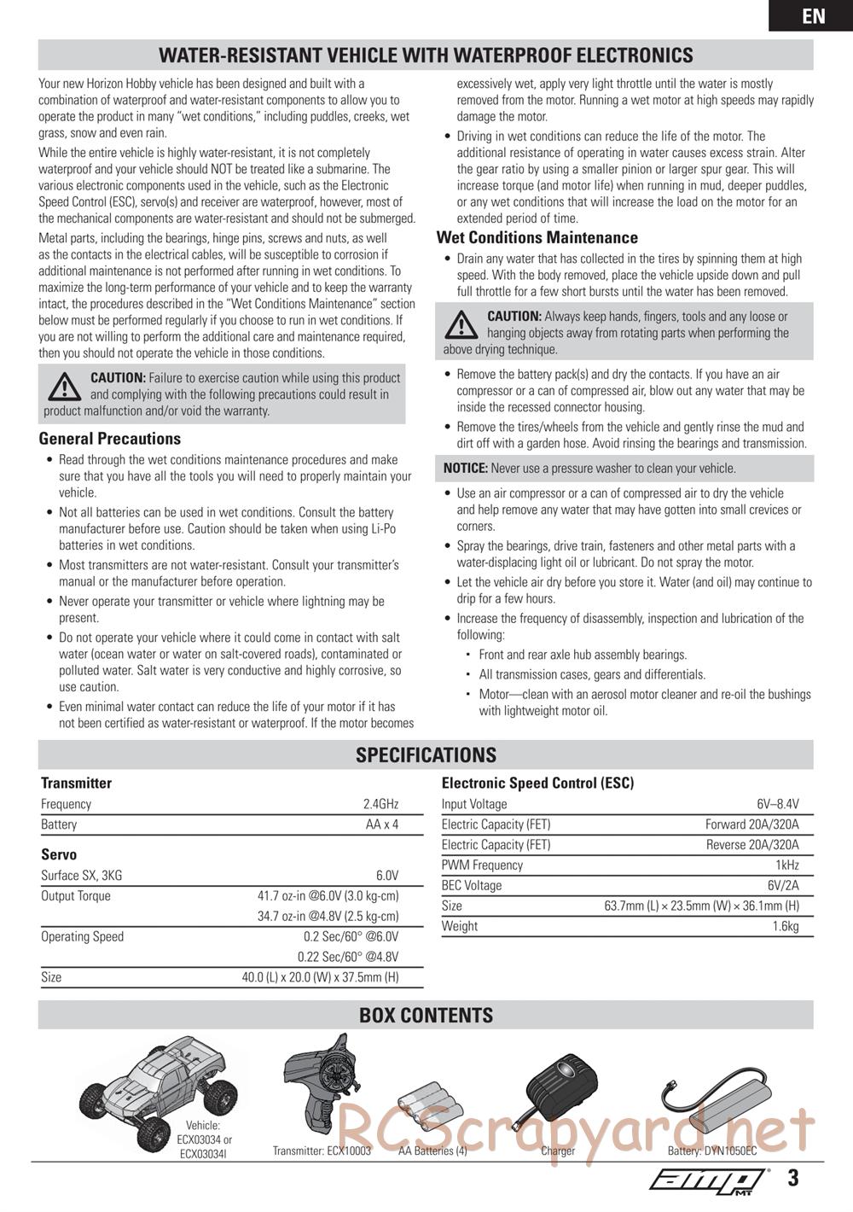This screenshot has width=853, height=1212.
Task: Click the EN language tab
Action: [813, 16]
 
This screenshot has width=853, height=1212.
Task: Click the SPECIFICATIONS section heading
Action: [426, 755]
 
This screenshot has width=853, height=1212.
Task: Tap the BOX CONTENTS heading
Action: [426, 1016]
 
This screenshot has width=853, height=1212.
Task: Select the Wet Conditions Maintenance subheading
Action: [537, 238]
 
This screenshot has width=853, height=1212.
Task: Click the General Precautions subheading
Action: [110, 439]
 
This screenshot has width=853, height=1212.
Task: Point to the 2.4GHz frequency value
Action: [380, 804]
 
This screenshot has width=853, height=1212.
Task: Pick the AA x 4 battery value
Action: [382, 825]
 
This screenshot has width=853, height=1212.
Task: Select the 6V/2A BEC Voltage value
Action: [783, 886]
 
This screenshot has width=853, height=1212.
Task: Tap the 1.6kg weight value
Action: [786, 927]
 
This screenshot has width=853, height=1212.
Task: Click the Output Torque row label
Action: [76, 896]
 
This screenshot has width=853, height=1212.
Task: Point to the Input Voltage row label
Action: [474, 804]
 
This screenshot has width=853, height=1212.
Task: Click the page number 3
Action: [793, 1179]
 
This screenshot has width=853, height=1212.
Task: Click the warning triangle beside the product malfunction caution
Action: [64, 387]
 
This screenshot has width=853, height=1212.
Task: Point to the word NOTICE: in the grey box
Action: [466, 469]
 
